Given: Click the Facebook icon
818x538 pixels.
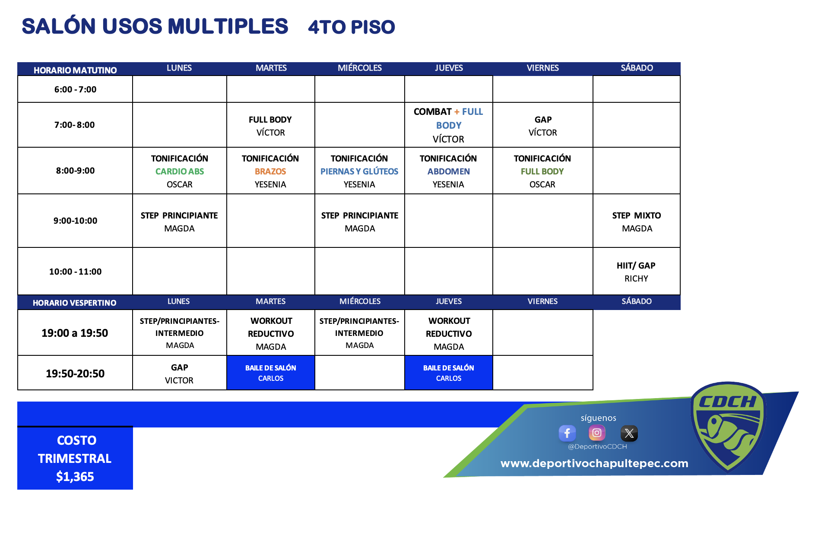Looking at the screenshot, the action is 567,433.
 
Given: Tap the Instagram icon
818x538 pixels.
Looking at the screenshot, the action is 597,433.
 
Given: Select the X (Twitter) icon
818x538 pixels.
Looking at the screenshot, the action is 629,434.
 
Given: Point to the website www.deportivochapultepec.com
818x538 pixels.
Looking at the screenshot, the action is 594,463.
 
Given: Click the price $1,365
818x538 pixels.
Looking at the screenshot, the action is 75,477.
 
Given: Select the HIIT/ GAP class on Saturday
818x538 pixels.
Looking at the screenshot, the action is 637,272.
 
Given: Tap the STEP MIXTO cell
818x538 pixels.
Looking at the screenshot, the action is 637,221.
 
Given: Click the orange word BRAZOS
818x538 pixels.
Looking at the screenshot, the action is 270,171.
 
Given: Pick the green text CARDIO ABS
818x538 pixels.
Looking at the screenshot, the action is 180,171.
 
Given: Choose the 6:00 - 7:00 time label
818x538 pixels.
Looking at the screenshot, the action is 75,89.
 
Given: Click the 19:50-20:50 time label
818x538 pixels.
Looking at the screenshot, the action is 75,373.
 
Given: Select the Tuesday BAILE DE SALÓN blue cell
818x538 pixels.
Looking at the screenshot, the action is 271,373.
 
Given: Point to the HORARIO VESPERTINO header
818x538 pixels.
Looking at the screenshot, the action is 75,303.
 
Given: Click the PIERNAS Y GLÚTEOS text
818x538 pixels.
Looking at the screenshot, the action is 359,171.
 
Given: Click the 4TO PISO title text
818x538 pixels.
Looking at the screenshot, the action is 352,27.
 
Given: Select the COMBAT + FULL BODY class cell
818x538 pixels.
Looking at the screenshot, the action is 449,125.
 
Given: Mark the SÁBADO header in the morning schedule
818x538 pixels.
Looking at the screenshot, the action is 637,68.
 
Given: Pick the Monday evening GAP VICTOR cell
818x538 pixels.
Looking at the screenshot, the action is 180,373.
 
